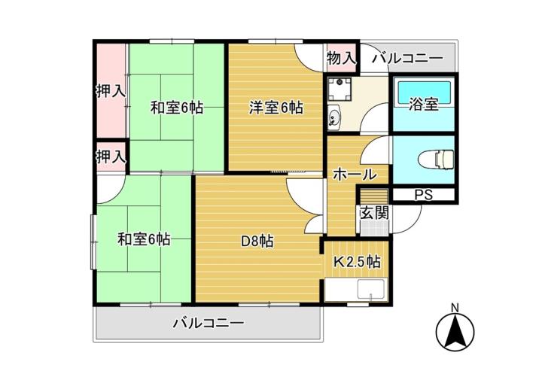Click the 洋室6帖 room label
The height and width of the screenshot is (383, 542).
(x=276, y=108)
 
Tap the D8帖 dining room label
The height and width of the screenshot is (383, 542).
(x=257, y=241)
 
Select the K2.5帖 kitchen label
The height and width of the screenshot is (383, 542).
(x=357, y=262)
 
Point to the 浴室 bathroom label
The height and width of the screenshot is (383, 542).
(x=423, y=104)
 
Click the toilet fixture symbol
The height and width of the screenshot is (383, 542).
(x=436, y=160)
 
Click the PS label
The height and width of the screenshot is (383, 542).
(x=423, y=195)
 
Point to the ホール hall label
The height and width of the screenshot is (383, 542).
(x=355, y=175)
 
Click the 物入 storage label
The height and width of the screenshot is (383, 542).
(x=341, y=59)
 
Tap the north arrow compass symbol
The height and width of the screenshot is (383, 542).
(x=455, y=331)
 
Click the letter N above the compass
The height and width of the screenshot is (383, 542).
(x=455, y=307)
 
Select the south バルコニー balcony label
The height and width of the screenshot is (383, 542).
(x=209, y=324)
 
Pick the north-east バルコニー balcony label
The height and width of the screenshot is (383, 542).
(x=407, y=58)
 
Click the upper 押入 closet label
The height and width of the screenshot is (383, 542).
(x=111, y=91)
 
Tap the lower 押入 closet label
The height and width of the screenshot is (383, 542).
(x=111, y=157)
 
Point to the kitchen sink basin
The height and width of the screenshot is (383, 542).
(x=371, y=290)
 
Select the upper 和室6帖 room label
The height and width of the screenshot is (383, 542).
(x=177, y=108)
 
